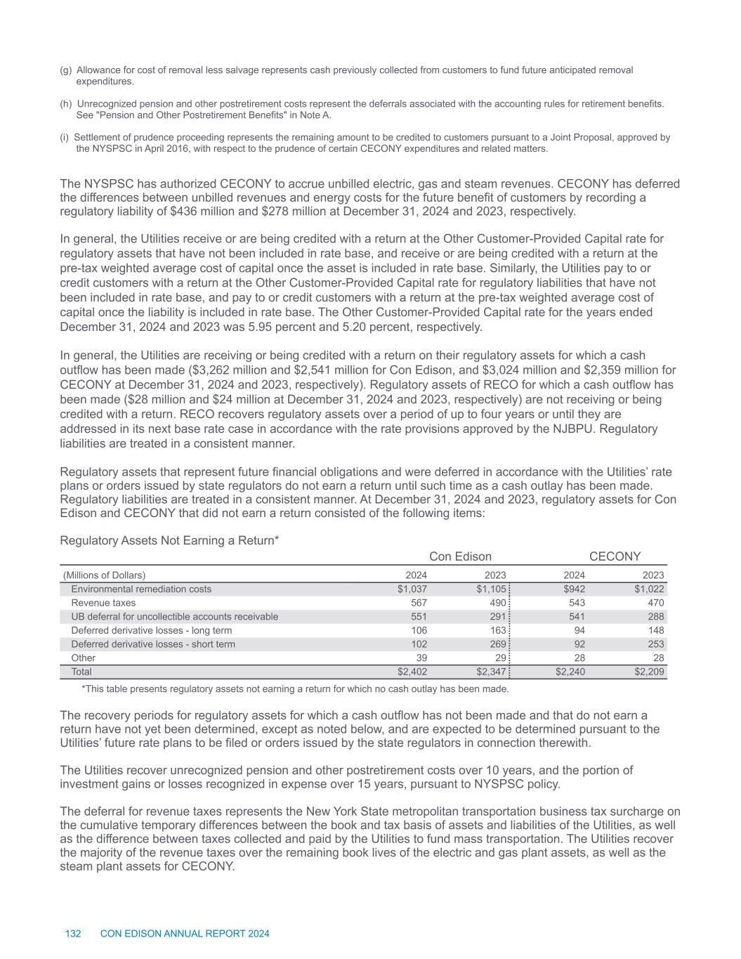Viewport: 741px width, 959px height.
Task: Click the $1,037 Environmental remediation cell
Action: click(x=412, y=589)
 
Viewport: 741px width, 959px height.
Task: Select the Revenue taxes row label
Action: click(x=103, y=603)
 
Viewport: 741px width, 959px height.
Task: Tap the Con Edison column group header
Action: click(x=460, y=556)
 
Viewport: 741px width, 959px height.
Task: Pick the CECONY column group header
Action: click(x=615, y=556)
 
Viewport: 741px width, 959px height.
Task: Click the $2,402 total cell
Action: click(x=412, y=672)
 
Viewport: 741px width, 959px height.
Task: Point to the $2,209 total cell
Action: click(x=649, y=672)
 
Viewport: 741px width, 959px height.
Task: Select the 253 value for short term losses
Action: click(x=655, y=644)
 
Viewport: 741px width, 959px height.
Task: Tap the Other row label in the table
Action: click(x=83, y=658)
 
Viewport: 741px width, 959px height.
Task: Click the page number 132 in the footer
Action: click(x=73, y=934)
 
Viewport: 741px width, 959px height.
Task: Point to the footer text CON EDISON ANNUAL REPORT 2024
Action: click(x=185, y=934)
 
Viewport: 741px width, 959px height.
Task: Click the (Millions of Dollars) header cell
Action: click(x=105, y=575)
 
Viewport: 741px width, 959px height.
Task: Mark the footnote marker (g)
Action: click(x=66, y=70)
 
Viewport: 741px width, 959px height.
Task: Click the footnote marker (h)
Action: click(x=66, y=104)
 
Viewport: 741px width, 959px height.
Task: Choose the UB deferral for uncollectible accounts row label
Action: click(x=174, y=617)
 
